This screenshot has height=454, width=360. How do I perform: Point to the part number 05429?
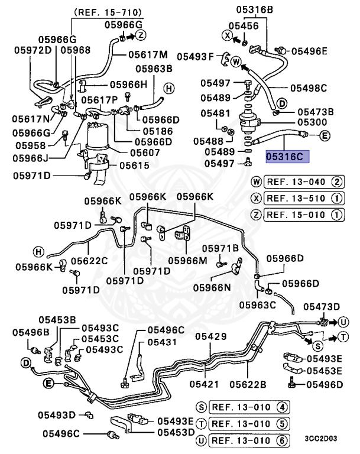pos(211,336)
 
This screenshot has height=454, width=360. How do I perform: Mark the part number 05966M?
pos(187,260)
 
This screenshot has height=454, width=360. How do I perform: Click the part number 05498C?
pos(308,88)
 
